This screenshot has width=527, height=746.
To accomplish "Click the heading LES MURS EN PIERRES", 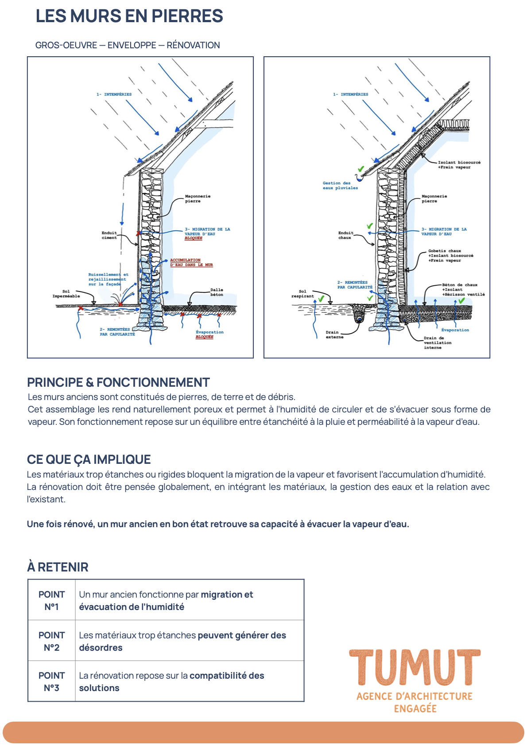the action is pyautogui.click(x=129, y=16).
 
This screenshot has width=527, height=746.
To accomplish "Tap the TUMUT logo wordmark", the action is pyautogui.click(x=415, y=667).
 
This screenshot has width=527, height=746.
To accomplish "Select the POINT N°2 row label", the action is pyautogui.click(x=52, y=641).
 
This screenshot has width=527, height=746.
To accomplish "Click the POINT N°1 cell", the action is pyautogui.click(x=52, y=600).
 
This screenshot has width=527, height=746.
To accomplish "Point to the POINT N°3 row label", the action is pyautogui.click(x=52, y=681).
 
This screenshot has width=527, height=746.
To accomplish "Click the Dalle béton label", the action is pyautogui.click(x=217, y=292).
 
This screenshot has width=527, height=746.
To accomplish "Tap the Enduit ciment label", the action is pyautogui.click(x=109, y=235).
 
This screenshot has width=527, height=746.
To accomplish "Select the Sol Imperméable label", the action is pyautogui.click(x=66, y=294).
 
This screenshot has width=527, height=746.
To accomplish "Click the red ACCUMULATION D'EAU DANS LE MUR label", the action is pyautogui.click(x=191, y=262).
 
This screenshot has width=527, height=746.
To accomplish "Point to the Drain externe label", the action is pyautogui.click(x=334, y=335).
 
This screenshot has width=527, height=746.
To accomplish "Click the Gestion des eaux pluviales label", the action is pyautogui.click(x=340, y=186).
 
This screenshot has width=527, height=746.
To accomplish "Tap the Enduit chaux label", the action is pyautogui.click(x=345, y=235).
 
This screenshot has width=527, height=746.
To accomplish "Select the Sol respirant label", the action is pyautogui.click(x=302, y=294).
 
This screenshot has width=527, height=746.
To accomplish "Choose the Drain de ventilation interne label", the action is pyautogui.click(x=438, y=343).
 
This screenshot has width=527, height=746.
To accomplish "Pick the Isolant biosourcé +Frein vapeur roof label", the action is pyautogui.click(x=459, y=164).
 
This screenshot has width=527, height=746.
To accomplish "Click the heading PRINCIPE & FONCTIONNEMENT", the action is pyautogui.click(x=118, y=382).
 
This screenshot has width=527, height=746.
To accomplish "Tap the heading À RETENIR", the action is pyautogui.click(x=58, y=567).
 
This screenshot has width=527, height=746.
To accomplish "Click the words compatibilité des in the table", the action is pyautogui.click(x=227, y=676).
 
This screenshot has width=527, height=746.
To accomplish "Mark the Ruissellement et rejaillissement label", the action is pyautogui.click(x=108, y=279).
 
